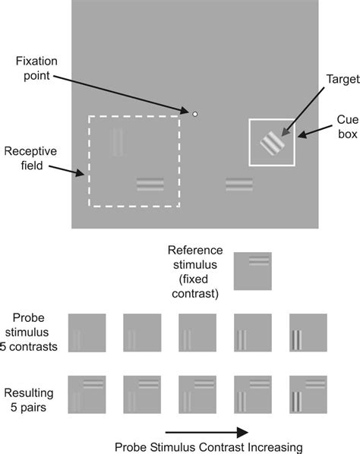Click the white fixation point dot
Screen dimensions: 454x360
(195, 115)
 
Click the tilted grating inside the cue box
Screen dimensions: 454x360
(271, 142)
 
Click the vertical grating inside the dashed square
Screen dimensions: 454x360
(117, 141)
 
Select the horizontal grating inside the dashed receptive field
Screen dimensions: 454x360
(150, 184)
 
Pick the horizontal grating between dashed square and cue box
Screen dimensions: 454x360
(238, 184)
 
